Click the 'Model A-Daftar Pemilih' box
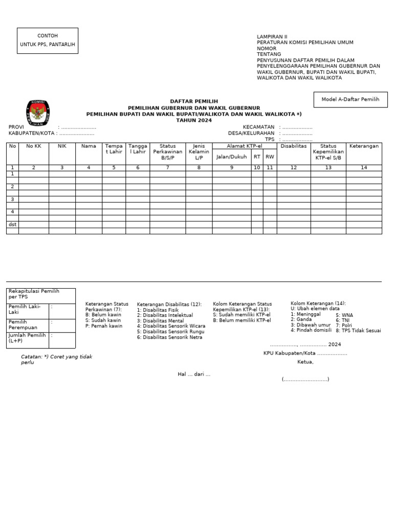coord(350,100)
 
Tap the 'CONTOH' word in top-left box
coord(48,36)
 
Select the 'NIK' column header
coord(62,146)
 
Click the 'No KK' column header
coord(34,146)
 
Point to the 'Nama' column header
coord(89,146)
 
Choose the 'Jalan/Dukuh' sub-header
coord(231,157)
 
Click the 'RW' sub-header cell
coord(270,157)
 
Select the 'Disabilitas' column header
coord(293,146)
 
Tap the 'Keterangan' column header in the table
coord(364,146)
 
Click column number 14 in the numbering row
coord(364,168)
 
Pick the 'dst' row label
coord(12,225)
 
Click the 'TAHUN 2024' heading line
coord(193,120)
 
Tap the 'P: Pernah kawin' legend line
coord(104,326)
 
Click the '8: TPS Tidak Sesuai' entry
coord(358,331)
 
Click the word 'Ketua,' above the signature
coord(305,362)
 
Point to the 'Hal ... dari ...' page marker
coord(194,375)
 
